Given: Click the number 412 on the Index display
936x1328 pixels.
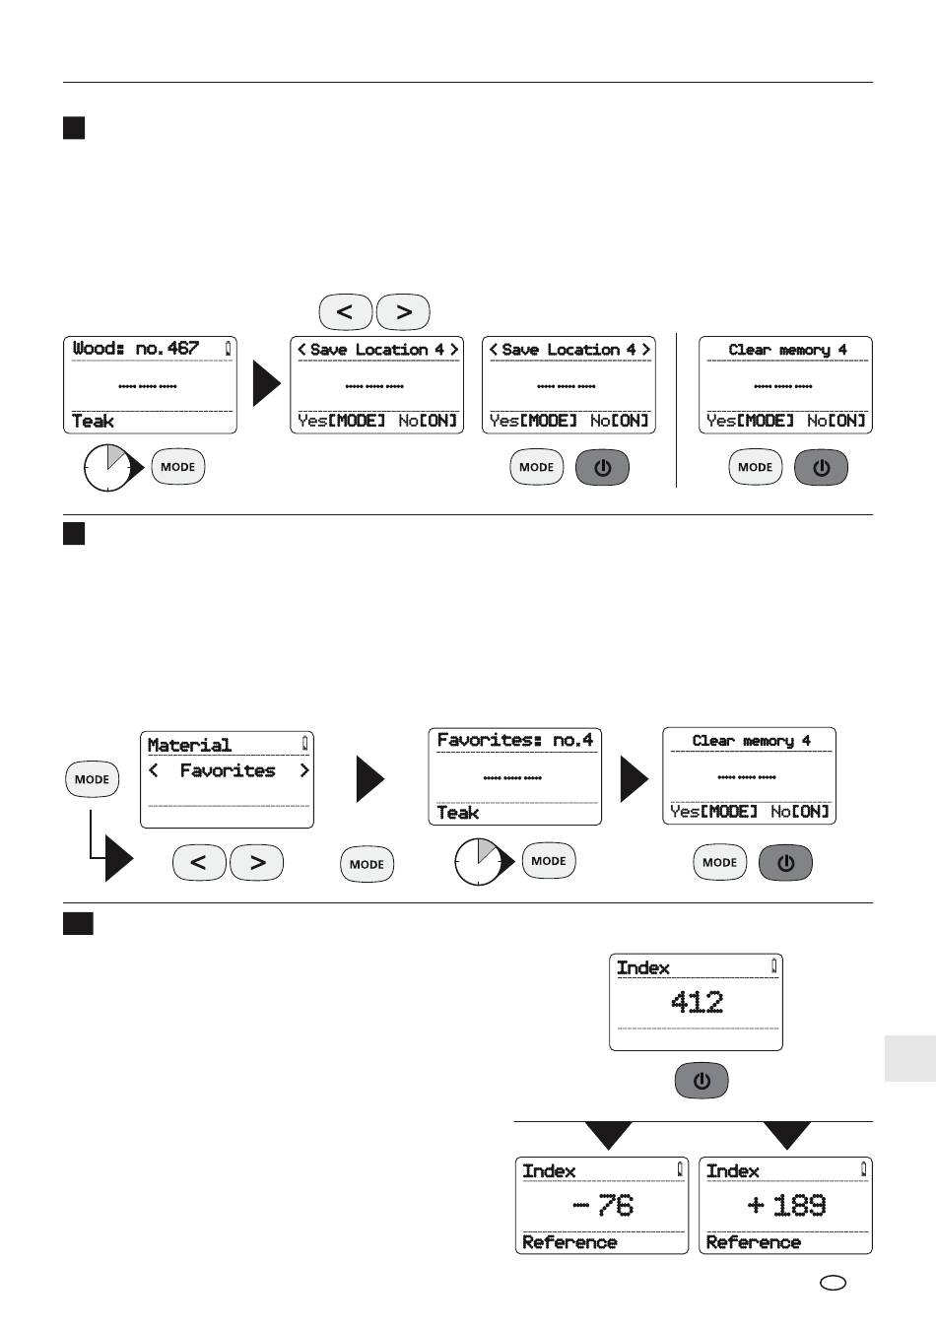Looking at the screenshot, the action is point(697,1003).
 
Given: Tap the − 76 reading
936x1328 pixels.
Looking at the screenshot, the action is point(603,1205).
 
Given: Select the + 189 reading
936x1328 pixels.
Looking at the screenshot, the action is point(786,1205).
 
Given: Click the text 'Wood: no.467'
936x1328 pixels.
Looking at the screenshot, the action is point(136,348).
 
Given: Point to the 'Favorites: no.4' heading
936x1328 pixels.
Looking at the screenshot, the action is point(514,740).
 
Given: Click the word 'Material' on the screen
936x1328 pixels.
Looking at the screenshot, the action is point(189,745).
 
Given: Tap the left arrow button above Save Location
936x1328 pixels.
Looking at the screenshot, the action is point(346,312).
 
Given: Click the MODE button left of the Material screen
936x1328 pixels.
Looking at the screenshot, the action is point(92,779).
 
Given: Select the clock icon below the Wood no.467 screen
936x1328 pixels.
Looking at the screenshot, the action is point(107,468).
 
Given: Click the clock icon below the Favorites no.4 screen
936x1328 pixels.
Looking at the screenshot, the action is point(479,862).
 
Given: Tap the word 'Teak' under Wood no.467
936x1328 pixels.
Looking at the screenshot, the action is point(93,422).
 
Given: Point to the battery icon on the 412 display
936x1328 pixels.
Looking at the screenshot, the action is point(773,966).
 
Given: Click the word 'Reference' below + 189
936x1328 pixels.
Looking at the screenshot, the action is point(754,1242).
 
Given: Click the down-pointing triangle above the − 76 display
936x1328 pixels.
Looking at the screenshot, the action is point(608,1135).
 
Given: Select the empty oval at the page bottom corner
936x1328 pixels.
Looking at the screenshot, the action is point(833,1283).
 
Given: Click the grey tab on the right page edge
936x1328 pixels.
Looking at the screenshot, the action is point(910,1059).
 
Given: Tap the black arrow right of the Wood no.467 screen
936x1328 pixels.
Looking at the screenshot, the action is point(267,383).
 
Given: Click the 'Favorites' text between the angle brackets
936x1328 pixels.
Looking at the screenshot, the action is point(228,770).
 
